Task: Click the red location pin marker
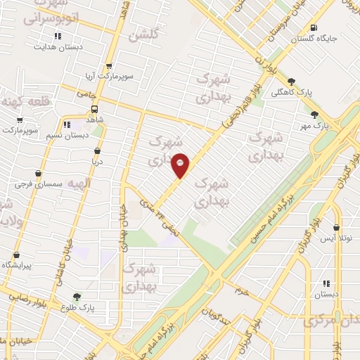click(x=180, y=165)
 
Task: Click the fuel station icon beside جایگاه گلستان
click(x=312, y=29)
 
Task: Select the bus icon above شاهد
click(x=94, y=109)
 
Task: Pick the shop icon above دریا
click(x=97, y=151)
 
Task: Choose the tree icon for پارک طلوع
click(x=77, y=297)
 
